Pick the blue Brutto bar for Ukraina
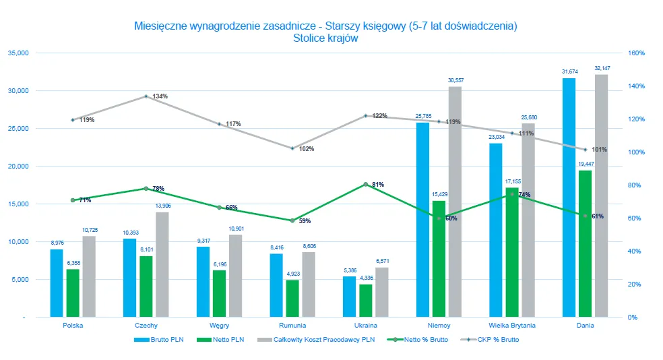tap(349, 296)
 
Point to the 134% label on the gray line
tap(160, 96)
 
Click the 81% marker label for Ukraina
tap(378, 184)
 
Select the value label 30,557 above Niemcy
tap(455, 80)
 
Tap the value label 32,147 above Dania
tap(602, 68)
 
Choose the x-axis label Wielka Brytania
tap(512, 325)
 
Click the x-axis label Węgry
tap(219, 325)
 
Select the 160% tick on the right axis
tap(637, 53)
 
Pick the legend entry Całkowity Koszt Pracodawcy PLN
tap(315, 340)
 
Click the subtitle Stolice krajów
tap(325, 38)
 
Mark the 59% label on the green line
tap(305, 220)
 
